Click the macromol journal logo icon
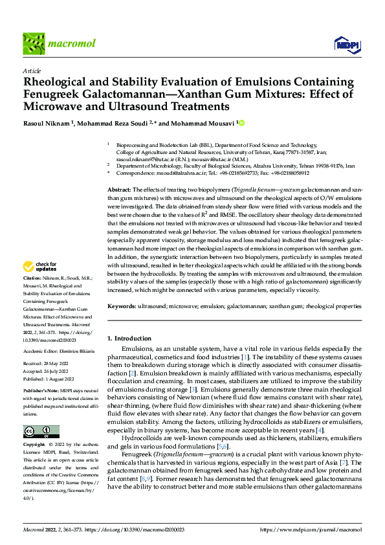point(32,43)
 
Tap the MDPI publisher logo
point(346,44)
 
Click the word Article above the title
point(32,71)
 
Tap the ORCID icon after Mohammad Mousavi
point(243,123)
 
